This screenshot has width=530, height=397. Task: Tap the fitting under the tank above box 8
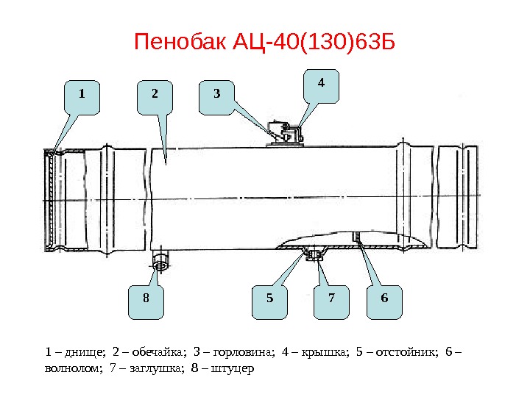click(159, 260)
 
